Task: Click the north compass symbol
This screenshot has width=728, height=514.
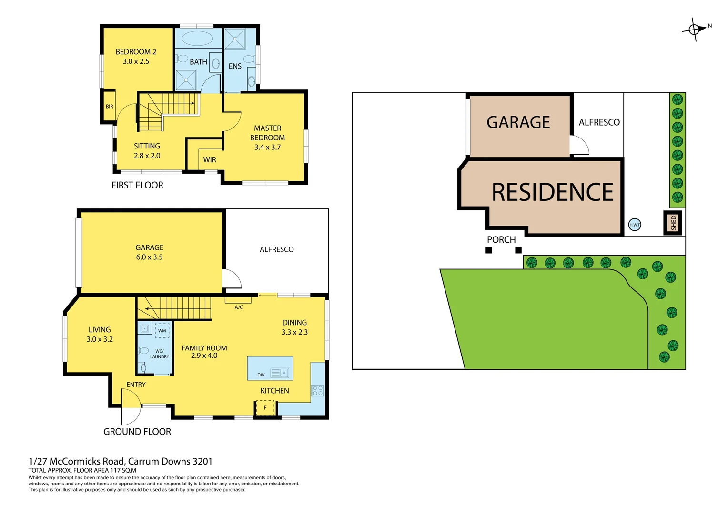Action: click(x=695, y=30)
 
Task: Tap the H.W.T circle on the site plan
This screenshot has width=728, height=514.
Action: click(x=635, y=225)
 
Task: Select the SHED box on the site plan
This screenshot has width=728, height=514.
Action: click(x=673, y=223)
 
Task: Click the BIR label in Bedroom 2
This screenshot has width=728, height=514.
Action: click(x=110, y=107)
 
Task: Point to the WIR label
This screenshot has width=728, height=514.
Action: click(x=210, y=160)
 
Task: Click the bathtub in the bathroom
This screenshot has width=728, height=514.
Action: click(x=198, y=38)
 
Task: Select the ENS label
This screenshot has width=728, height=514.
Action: click(x=235, y=67)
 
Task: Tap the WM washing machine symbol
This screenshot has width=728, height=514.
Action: click(x=162, y=330)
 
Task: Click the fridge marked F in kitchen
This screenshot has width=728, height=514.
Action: click(x=265, y=408)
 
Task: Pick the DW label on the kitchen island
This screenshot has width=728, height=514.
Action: click(x=261, y=375)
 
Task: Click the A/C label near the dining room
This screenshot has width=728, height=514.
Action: click(x=239, y=307)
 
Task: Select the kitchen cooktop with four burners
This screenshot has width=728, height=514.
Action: click(x=317, y=391)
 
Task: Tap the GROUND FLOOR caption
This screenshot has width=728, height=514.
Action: click(x=137, y=432)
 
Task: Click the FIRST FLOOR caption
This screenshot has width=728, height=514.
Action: click(x=137, y=185)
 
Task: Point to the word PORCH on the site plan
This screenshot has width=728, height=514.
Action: click(x=501, y=240)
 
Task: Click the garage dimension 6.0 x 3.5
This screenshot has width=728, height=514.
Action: click(x=150, y=257)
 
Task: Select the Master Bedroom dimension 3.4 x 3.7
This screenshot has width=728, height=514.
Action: click(x=267, y=148)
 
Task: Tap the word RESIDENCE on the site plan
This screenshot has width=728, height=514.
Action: click(x=552, y=192)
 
